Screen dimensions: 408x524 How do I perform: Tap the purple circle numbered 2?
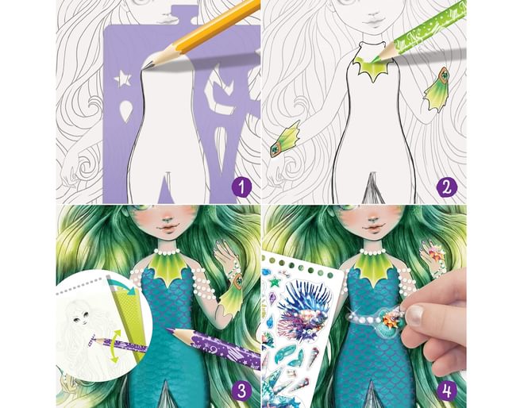pos(447,187)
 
